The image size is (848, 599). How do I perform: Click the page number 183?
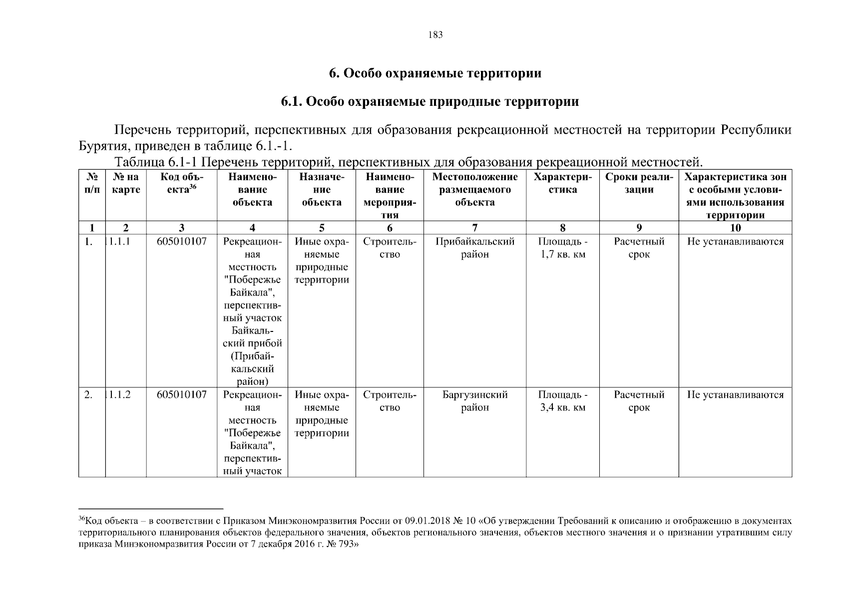435,35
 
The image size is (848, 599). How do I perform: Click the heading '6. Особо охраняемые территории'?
434,73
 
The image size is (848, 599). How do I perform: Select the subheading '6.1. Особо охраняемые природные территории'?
429,102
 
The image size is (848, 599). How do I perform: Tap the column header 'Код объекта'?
181,183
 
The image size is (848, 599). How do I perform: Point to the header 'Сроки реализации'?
639,183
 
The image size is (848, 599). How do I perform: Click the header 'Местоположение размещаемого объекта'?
474,190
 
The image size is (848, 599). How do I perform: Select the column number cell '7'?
474,228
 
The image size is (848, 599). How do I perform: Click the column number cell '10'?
735,228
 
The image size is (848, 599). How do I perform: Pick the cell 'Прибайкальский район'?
474,248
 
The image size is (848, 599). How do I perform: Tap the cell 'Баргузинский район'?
474,401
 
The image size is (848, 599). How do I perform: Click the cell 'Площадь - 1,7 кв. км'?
562,248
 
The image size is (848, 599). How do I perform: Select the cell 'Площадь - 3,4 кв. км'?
562,401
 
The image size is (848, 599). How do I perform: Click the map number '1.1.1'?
119,242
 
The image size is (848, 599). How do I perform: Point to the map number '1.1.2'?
119,395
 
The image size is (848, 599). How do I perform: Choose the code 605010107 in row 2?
181,395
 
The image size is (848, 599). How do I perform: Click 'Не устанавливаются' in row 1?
735,242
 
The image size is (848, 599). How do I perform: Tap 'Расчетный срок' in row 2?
639,401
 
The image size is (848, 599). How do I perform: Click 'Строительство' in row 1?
390,248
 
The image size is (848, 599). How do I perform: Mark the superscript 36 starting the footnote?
82,519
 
